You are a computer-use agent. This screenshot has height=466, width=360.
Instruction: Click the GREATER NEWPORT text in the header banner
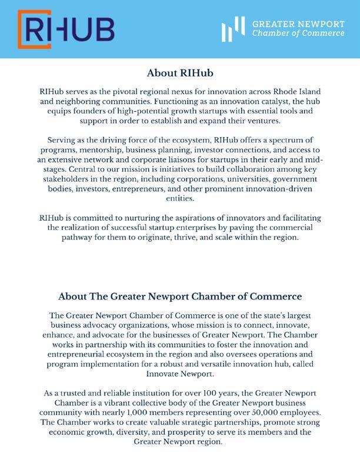point(298,24)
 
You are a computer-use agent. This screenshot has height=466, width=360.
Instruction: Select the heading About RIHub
point(179,74)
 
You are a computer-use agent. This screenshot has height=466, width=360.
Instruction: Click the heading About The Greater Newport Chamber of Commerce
point(179,296)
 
